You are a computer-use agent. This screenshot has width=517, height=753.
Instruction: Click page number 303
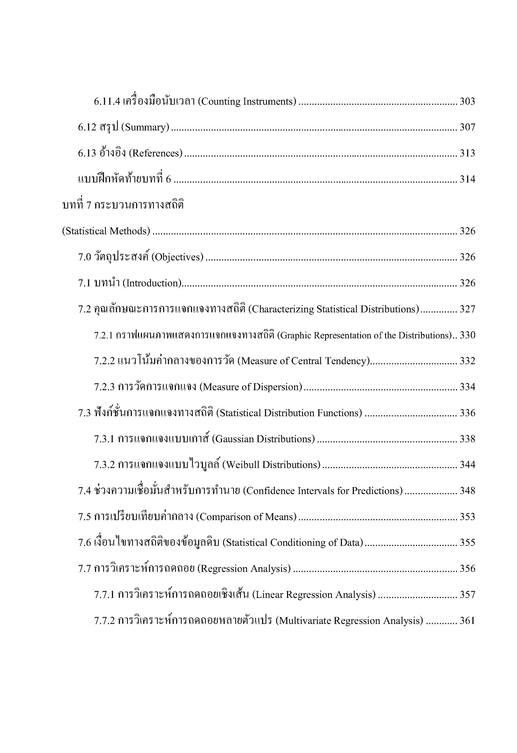pyautogui.click(x=467, y=101)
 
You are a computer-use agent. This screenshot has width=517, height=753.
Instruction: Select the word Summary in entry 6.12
pyautogui.click(x=145, y=127)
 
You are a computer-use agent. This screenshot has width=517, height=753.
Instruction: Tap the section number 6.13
pyautogui.click(x=87, y=153)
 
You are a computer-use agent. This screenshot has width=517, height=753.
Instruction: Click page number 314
pyautogui.click(x=467, y=179)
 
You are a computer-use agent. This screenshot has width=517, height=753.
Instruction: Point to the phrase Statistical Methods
pyautogui.click(x=106, y=231)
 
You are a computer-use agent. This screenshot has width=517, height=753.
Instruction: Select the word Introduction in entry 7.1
pyautogui.click(x=152, y=283)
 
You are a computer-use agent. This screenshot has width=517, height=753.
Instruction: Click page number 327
pyautogui.click(x=467, y=309)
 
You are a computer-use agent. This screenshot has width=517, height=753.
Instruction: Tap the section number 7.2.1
pyautogui.click(x=103, y=335)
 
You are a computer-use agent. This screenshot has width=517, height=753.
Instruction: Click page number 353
pyautogui.click(x=467, y=517)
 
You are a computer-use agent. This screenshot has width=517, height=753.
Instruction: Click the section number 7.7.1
pyautogui.click(x=104, y=595)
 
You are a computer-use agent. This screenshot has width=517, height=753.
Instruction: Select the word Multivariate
pyautogui.click(x=305, y=621)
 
